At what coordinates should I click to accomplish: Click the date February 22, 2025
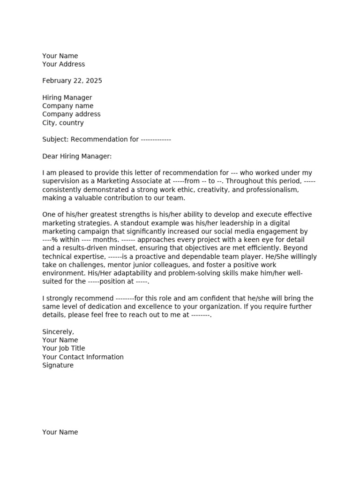[x=72, y=81]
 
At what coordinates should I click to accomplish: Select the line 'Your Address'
[x=64, y=64]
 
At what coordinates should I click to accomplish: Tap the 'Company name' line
[x=67, y=106]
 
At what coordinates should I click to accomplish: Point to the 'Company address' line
[x=71, y=114]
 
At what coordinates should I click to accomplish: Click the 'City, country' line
[x=63, y=123]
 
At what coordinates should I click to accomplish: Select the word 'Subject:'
[x=55, y=139]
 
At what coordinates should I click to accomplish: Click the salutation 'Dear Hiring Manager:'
[x=77, y=156]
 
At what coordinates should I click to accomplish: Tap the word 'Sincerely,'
[x=58, y=332]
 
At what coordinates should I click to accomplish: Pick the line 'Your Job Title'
[x=64, y=348]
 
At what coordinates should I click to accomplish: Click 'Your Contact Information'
[x=83, y=357]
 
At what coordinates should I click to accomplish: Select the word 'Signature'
[x=58, y=365]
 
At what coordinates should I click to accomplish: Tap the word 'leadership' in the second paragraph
[x=182, y=223]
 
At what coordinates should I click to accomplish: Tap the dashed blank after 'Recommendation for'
[x=156, y=139]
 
